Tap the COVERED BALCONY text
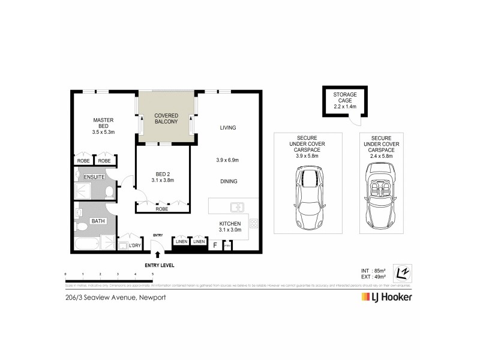(165, 118)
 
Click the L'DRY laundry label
(135, 245)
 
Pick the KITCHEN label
(230, 223)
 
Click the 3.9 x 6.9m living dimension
(227, 160)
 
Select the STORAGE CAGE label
(344, 98)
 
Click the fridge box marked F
(214, 244)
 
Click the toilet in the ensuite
(109, 191)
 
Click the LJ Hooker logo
(386, 297)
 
